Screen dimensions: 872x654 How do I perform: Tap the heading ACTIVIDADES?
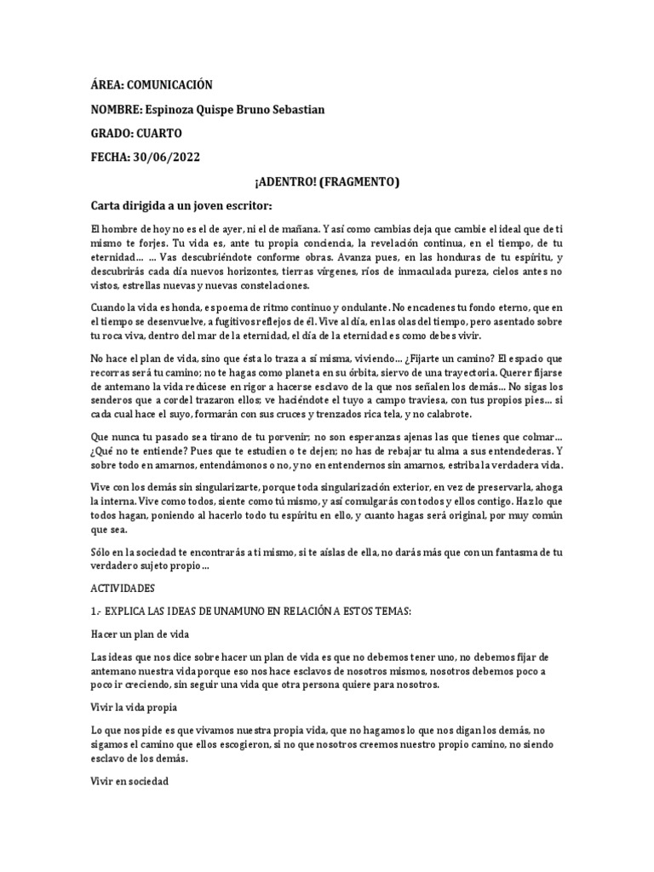[x=122, y=588]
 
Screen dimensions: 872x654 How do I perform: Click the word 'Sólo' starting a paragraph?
[x=101, y=552]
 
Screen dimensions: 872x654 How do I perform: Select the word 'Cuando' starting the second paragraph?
[x=107, y=306]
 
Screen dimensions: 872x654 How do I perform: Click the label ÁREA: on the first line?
[x=108, y=85]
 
